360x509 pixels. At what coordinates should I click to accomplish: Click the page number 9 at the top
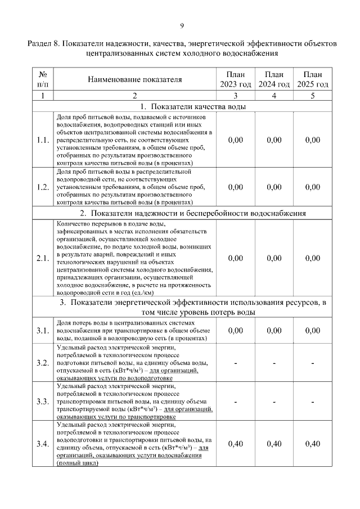tap(182, 25)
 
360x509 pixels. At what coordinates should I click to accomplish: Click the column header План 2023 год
tap(236, 79)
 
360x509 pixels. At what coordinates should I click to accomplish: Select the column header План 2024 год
tap(274, 79)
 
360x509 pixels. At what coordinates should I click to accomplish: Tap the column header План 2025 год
tap(312, 79)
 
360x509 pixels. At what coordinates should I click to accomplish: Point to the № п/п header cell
tap(43, 79)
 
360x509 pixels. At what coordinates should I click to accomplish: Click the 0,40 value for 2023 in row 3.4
tap(236, 444)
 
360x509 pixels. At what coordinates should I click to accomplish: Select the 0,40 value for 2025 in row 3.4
tap(312, 444)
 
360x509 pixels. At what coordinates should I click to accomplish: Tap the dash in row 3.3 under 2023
tap(236, 402)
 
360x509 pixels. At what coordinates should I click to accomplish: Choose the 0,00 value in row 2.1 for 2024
tap(274, 258)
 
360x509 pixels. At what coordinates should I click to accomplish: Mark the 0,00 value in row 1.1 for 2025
tap(312, 140)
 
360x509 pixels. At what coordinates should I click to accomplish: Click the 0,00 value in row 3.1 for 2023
tap(236, 331)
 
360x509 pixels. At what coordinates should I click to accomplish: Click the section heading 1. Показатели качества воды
tap(182, 106)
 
